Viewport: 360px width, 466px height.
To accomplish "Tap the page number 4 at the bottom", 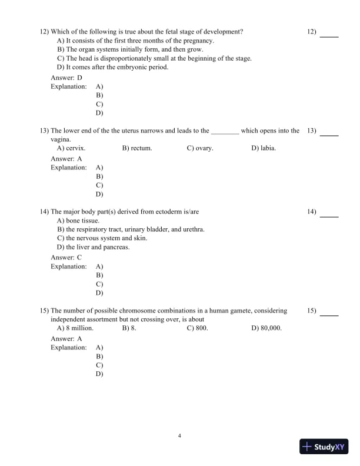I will (x=179, y=435).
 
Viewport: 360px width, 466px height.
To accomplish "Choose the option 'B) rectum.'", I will (x=137, y=148).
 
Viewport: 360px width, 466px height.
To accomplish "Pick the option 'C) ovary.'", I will (x=200, y=148).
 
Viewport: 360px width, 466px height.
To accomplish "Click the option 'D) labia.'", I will (x=264, y=148).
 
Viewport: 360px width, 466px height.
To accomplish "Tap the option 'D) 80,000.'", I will (x=266, y=328).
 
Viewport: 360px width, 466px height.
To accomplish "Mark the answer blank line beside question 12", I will (x=329, y=36).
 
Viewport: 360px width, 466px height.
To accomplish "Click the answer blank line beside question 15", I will (x=329, y=315).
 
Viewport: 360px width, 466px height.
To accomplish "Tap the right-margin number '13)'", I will (x=312, y=131).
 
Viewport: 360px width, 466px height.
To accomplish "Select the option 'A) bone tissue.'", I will (x=82, y=221).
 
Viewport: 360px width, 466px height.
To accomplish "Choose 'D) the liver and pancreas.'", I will (x=94, y=247).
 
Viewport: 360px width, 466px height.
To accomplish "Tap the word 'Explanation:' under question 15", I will (x=69, y=348).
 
